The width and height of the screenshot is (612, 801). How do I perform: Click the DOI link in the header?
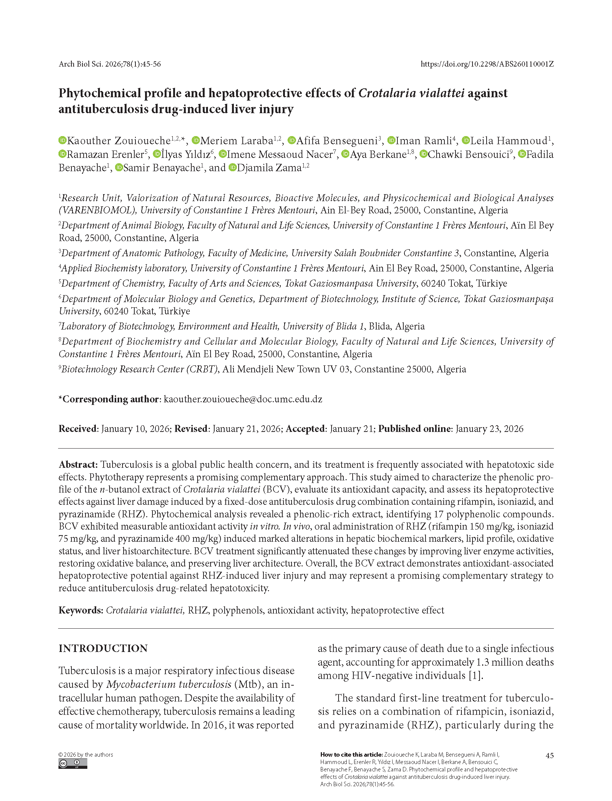[487, 64]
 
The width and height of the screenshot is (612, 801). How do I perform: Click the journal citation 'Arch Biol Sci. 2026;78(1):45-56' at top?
[110, 64]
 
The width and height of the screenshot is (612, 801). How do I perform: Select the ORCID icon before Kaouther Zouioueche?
[63, 141]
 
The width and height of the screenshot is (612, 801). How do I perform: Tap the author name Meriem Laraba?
[237, 141]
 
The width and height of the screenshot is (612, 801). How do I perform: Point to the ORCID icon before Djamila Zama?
[232, 168]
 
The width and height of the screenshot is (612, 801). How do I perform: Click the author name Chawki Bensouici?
[468, 154]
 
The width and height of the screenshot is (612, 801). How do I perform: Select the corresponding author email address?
[243, 399]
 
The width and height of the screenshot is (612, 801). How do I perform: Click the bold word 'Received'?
[78, 429]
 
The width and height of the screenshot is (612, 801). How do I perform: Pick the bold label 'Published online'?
[414, 429]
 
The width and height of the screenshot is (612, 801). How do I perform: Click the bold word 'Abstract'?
[78, 464]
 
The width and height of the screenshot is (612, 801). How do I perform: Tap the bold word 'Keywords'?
[80, 610]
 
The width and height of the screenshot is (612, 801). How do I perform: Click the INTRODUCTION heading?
[103, 648]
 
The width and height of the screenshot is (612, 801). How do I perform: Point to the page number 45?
[549, 756]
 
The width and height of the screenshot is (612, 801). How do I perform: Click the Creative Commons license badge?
[73, 764]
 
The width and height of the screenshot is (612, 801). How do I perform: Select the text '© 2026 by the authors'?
[85, 754]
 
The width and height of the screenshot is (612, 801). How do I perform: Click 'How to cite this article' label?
[351, 754]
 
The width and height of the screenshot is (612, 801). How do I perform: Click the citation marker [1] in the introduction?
[476, 676]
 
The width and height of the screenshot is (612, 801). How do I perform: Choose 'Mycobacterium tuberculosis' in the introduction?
[169, 684]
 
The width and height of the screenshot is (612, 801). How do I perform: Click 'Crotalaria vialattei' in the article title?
[411, 93]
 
